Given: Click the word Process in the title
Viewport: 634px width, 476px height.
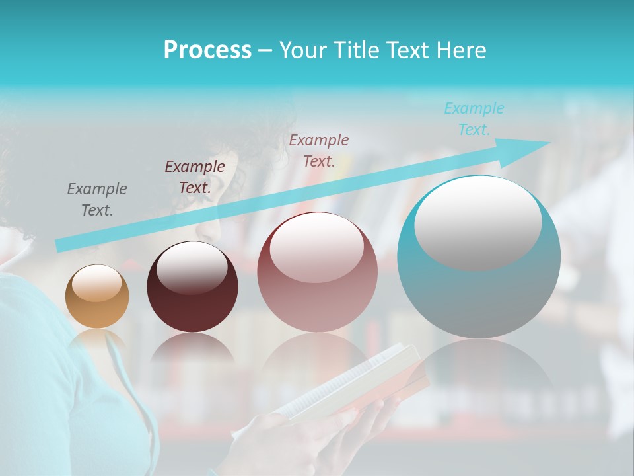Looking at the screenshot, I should pyautogui.click(x=207, y=50).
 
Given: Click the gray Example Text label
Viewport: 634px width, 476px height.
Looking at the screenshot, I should pyautogui.click(x=97, y=200).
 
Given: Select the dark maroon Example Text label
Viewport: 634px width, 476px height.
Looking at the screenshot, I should pyautogui.click(x=195, y=177).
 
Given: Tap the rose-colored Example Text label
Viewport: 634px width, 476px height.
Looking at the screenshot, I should pyautogui.click(x=319, y=150).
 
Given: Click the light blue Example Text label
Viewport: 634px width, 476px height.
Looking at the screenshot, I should pyautogui.click(x=474, y=119).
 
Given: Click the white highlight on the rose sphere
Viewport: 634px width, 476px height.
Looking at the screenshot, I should pyautogui.click(x=316, y=246).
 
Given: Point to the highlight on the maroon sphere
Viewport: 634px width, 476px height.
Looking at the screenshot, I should pyautogui.click(x=192, y=268).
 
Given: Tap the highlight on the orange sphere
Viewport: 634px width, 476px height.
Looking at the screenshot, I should pyautogui.click(x=96, y=284).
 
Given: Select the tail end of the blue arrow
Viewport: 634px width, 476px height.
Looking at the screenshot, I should pyautogui.click(x=61, y=245).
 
